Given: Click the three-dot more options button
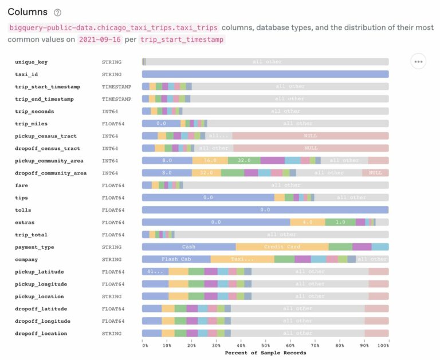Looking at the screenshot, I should pyautogui.click(x=418, y=61).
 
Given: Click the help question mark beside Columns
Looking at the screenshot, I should pyautogui.click(x=57, y=13).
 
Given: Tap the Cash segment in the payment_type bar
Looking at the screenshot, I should pyautogui.click(x=188, y=247).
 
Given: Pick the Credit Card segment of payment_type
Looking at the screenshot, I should pyautogui.click(x=282, y=247).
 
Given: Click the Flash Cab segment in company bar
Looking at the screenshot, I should pyautogui.click(x=176, y=259).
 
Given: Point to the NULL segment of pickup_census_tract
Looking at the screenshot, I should pyautogui.click(x=310, y=136).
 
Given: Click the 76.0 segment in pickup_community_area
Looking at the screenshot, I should pyautogui.click(x=210, y=161).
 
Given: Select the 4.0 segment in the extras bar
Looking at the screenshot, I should pyautogui.click(x=308, y=222).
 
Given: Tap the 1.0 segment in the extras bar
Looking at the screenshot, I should pyautogui.click(x=340, y=222).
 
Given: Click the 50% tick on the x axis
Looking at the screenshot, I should pyautogui.click(x=266, y=346).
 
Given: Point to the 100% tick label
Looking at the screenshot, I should pyautogui.click(x=384, y=346).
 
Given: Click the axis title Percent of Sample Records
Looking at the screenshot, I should pyautogui.click(x=266, y=353).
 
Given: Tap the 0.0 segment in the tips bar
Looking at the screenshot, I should pyautogui.click(x=208, y=197).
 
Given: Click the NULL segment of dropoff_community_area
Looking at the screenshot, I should pyautogui.click(x=375, y=173).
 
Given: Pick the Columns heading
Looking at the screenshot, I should pyautogui.click(x=27, y=12).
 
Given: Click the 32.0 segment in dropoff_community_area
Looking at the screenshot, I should pyautogui.click(x=206, y=173).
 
